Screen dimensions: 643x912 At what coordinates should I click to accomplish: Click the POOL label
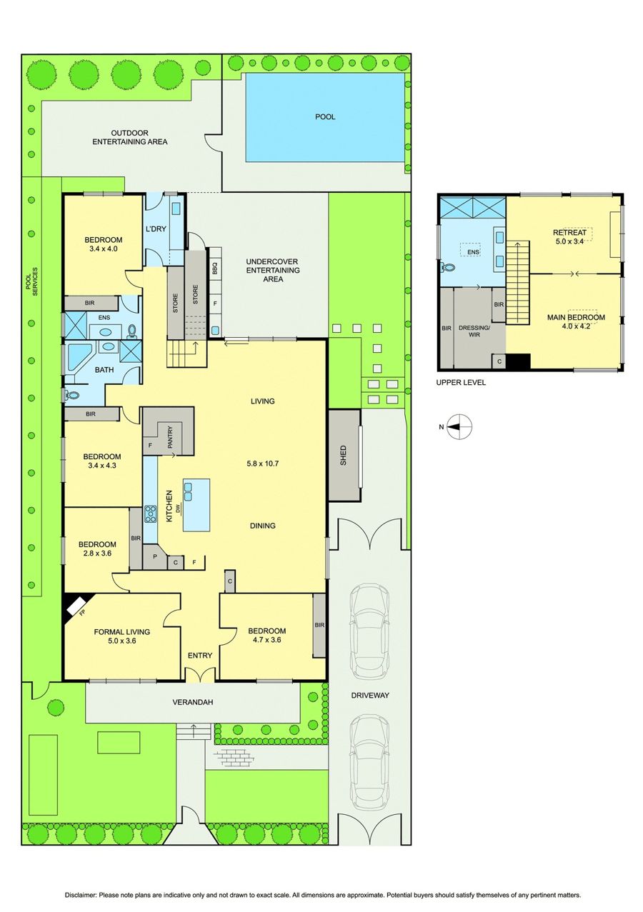click(325, 117)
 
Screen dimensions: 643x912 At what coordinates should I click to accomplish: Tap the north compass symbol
click(459, 426)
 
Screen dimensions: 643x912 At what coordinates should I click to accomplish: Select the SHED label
click(343, 455)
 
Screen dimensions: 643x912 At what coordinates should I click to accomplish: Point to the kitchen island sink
click(189, 491)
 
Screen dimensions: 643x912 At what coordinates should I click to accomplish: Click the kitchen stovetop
click(150, 513)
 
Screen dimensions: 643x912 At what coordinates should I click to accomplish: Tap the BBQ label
click(215, 269)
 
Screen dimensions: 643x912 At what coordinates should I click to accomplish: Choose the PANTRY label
click(170, 437)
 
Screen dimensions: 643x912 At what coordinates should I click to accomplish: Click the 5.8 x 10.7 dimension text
click(263, 463)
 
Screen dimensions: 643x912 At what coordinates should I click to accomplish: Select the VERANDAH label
click(193, 702)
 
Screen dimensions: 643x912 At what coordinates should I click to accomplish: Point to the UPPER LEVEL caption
click(461, 383)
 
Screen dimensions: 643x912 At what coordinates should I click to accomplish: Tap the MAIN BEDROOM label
click(576, 317)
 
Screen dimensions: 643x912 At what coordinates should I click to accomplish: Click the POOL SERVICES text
click(31, 281)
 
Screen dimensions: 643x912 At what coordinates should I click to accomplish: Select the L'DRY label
click(156, 229)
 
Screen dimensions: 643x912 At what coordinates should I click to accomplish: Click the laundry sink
click(177, 209)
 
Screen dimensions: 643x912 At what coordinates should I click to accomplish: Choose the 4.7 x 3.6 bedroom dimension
click(264, 640)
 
